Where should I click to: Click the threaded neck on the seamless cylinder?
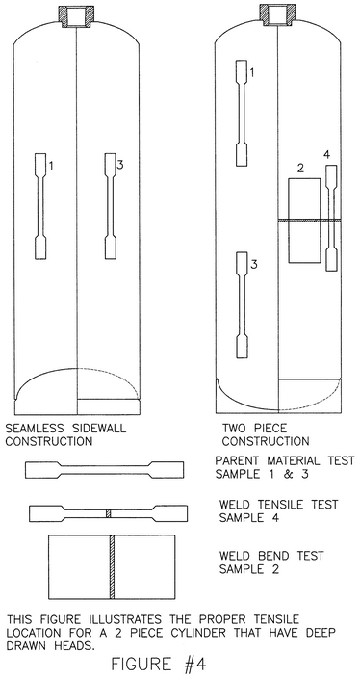tap(76, 17)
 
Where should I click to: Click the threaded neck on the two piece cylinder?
tap(277, 15)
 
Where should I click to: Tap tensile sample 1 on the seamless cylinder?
tap(40, 206)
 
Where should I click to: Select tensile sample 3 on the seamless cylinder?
tap(111, 206)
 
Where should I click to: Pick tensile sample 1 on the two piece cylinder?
tap(242, 113)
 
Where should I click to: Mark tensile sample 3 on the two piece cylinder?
tap(242, 305)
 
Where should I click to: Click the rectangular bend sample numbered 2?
tap(304, 221)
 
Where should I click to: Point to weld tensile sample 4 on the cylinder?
tap(331, 218)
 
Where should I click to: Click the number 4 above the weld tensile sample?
tap(326, 155)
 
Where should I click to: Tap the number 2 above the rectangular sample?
tap(300, 169)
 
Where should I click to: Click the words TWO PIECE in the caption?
tap(255, 429)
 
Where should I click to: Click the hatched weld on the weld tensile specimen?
tap(109, 513)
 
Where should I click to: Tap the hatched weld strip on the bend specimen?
tap(112, 567)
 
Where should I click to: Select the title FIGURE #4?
tap(159, 664)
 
